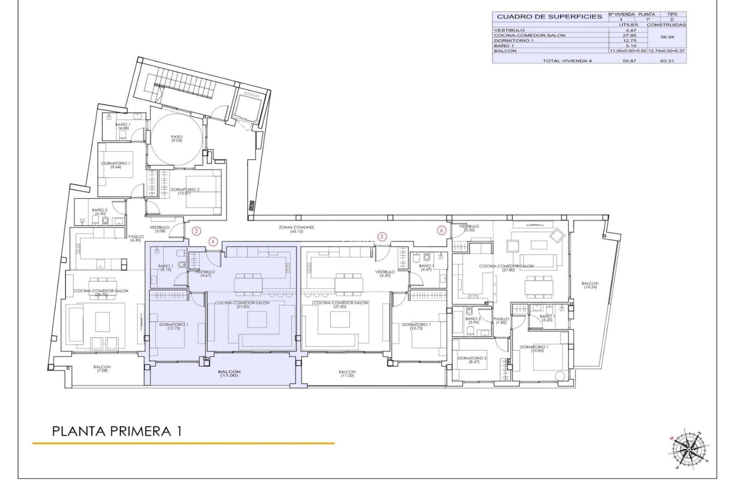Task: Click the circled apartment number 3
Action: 196,231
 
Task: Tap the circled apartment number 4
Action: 213,242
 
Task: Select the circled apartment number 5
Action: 382,237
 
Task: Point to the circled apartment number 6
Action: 442,230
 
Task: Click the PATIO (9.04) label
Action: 176,139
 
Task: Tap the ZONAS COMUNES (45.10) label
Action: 296,229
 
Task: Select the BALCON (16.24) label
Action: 590,285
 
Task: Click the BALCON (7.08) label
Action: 102,369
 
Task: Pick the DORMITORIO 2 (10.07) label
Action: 185,191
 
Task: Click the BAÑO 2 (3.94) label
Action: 473,320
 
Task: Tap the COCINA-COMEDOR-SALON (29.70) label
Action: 101,293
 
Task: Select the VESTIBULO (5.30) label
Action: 385,274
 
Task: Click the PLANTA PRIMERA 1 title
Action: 117,431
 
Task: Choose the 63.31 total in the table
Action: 667,61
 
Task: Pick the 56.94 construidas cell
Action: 667,38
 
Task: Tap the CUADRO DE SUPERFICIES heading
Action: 549,17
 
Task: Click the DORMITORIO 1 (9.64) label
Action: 116,165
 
